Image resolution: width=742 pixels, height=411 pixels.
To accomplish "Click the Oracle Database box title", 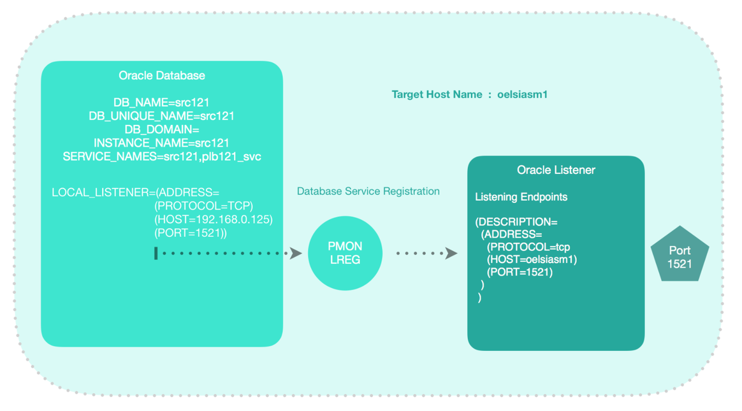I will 162,76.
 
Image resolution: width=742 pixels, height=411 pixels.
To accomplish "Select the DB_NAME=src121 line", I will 161,103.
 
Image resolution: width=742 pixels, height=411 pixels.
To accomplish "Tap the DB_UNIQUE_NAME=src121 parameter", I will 161,116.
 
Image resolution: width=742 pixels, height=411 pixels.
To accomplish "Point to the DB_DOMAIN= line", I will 161,129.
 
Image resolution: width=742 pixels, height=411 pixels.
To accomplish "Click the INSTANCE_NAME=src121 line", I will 161,143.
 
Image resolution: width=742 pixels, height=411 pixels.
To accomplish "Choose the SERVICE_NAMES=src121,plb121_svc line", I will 161,156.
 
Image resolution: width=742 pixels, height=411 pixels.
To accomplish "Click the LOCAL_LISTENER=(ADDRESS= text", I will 135,192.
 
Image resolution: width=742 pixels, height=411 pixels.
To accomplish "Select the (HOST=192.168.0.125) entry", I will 213,219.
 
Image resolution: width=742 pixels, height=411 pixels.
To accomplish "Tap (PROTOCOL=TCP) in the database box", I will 203,206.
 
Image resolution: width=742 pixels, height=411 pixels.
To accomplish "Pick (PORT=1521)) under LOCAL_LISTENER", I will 191,233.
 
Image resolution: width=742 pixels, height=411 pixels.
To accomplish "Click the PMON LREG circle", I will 345,253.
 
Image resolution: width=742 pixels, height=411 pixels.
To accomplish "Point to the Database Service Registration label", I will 368,191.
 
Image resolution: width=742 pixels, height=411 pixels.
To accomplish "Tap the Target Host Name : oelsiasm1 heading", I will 469,94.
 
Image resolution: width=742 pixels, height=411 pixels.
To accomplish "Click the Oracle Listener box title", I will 556,170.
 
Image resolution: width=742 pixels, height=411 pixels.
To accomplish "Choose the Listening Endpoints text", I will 521,197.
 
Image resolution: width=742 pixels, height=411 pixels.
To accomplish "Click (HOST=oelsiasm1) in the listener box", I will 532,259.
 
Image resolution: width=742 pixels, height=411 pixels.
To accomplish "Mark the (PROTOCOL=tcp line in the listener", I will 528,247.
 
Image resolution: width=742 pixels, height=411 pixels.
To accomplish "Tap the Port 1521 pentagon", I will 680,256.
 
